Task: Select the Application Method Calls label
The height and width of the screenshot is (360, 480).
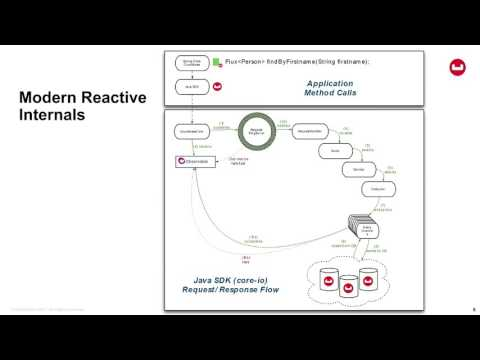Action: pyautogui.click(x=330, y=88)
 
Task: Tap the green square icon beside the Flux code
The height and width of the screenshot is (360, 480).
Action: pyautogui.click(x=217, y=62)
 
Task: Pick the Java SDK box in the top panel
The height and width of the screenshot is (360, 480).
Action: pyautogui.click(x=193, y=86)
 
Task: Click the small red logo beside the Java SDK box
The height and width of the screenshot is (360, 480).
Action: pyautogui.click(x=217, y=86)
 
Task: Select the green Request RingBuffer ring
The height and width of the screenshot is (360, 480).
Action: pyautogui.click(x=256, y=130)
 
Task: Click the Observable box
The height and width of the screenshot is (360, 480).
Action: pyautogui.click(x=194, y=161)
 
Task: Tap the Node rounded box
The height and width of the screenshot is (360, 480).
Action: pyautogui.click(x=335, y=151)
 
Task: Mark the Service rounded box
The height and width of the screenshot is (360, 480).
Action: pyautogui.click(x=358, y=170)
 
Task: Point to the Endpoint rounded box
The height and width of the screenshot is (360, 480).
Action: pyautogui.click(x=378, y=188)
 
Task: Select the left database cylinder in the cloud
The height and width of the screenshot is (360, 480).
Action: pyautogui.click(x=326, y=283)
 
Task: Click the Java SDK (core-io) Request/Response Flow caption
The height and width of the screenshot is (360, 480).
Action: pyautogui.click(x=229, y=284)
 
